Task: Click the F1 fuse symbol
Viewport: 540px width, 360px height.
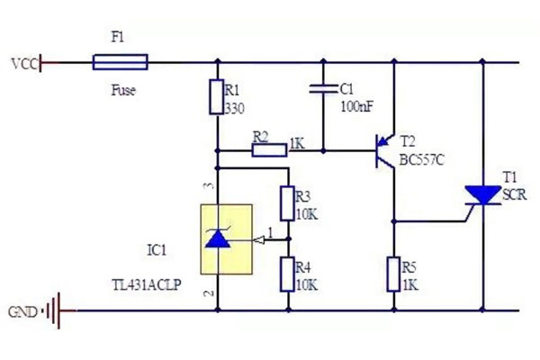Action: point(120,62)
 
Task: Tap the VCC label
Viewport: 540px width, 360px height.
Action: point(22,64)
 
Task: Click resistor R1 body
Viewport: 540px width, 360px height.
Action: point(216,97)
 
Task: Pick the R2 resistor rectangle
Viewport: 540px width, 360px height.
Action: point(269,150)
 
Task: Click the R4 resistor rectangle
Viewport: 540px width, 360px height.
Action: point(288,274)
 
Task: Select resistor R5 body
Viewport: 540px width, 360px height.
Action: point(393,274)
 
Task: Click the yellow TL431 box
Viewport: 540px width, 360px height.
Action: point(225,239)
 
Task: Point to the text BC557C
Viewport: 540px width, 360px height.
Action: point(422,163)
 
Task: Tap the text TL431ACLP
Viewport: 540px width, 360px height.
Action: point(146,283)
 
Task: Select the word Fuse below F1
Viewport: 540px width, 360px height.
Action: point(123,91)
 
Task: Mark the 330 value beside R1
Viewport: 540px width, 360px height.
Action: point(235,107)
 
